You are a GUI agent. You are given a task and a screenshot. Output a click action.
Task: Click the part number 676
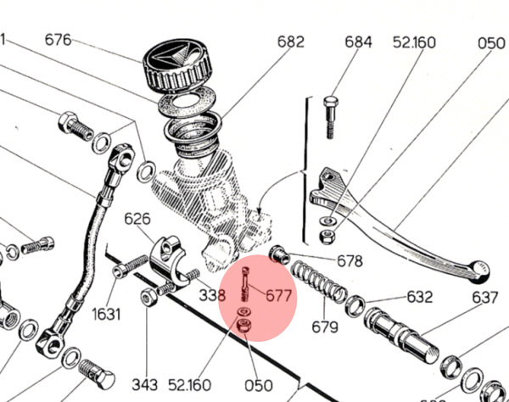[59, 40]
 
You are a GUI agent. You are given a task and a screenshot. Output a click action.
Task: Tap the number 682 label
[289, 41]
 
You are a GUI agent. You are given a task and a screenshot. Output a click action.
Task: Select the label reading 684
[358, 42]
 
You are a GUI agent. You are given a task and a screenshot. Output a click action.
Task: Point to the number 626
[137, 219]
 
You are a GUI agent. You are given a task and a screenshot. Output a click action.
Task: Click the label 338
[213, 294]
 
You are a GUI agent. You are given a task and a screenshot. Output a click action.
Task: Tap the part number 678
[349, 261]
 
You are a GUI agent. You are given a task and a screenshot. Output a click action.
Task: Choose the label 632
[419, 297]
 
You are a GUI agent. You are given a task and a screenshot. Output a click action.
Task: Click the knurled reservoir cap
[179, 67]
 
